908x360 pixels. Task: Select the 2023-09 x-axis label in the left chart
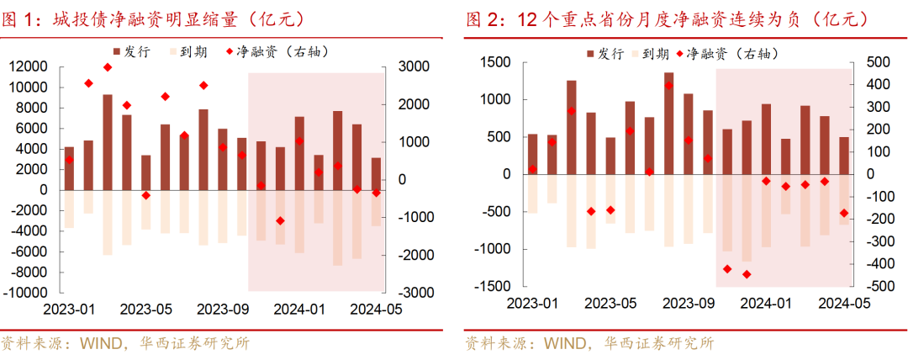(x=222, y=309)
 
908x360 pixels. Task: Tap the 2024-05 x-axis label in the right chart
(x=843, y=303)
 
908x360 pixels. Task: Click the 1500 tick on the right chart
(x=493, y=62)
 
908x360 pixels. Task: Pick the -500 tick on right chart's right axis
(x=870, y=286)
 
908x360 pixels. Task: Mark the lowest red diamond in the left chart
(x=280, y=220)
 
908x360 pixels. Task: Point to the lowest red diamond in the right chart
(x=747, y=274)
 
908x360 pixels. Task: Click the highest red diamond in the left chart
(x=108, y=67)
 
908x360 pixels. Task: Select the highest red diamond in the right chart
(x=668, y=85)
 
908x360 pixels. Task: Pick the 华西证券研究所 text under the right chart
(x=664, y=343)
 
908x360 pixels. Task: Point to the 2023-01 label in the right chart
(x=533, y=303)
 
